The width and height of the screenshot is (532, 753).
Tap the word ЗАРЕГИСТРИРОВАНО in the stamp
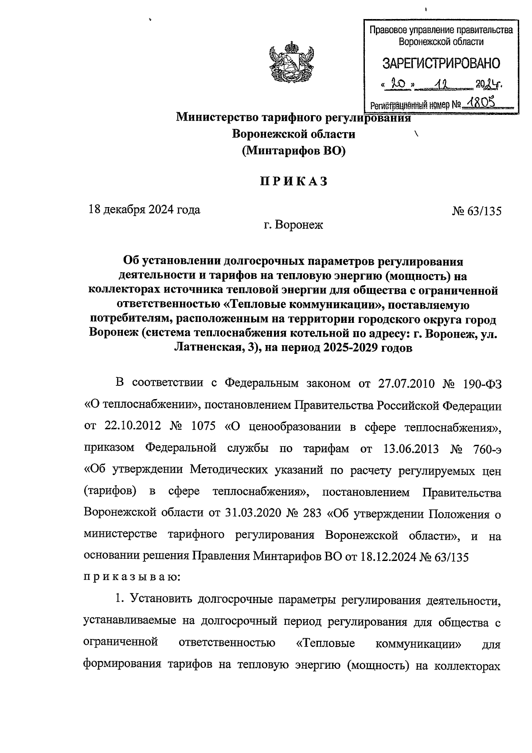441,63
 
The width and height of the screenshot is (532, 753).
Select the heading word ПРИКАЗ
293,181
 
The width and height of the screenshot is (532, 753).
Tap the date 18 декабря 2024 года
144,209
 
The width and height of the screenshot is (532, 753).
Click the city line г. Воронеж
293,225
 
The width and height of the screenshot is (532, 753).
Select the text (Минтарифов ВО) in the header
293,151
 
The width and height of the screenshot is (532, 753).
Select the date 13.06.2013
410,448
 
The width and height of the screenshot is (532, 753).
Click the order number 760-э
485,448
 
